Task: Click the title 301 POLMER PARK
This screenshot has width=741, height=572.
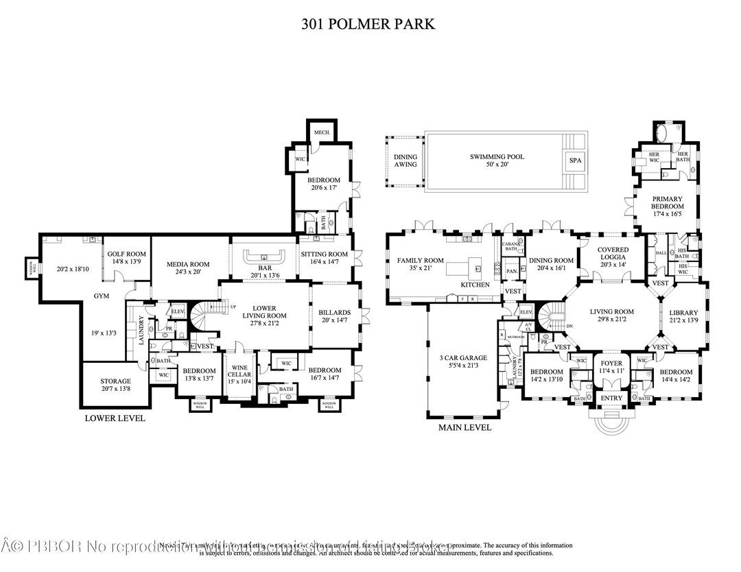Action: pos(368,25)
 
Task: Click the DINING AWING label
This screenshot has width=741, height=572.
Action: pos(405,160)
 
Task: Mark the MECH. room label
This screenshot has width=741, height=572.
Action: pos(322,132)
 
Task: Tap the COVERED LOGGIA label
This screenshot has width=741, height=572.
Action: pos(613,254)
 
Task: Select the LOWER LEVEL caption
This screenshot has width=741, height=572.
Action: pos(115,418)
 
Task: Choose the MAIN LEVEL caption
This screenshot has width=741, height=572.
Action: pos(464,427)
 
